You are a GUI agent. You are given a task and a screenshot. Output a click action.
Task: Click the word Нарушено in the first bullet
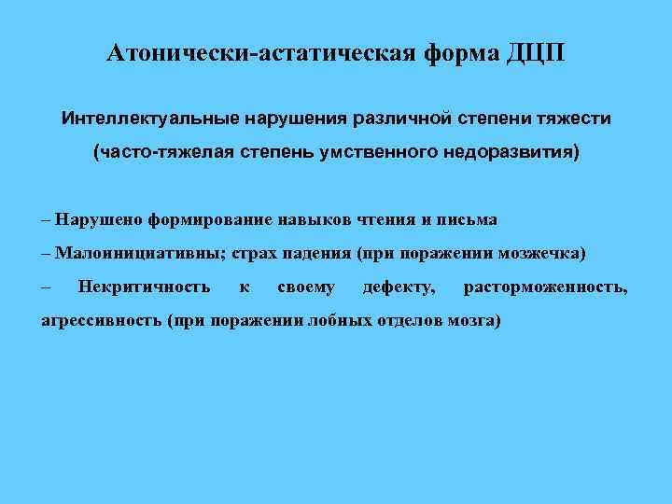pyautogui.click(x=95, y=220)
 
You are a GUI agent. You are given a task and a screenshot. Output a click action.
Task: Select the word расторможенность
pyautogui.click(x=546, y=287)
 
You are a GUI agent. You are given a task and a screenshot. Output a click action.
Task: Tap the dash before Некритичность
pyautogui.click(x=46, y=287)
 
